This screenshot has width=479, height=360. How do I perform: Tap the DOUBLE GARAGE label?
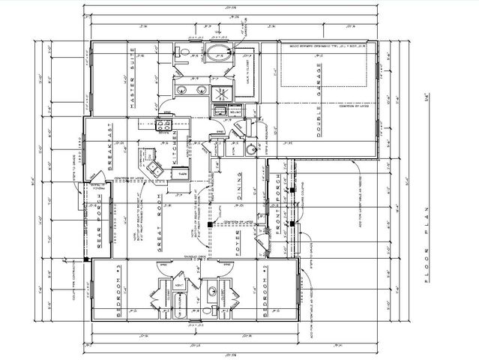[x=318, y=112]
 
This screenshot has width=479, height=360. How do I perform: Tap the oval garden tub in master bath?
[x=218, y=52]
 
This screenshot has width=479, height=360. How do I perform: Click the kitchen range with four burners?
[x=162, y=125]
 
